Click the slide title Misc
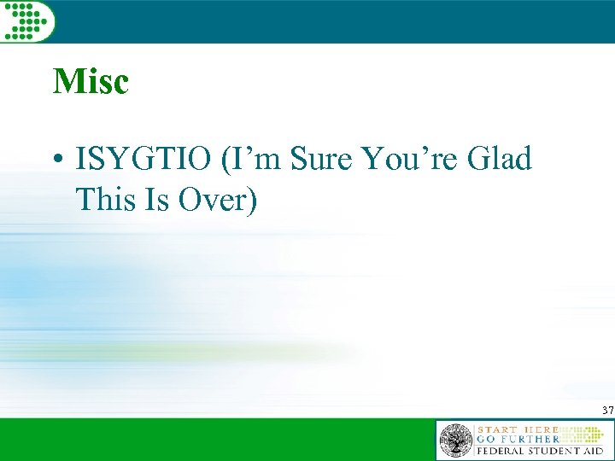(x=91, y=82)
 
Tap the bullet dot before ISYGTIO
(x=56, y=160)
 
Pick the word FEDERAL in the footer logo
(x=504, y=451)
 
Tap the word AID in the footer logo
(x=596, y=451)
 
